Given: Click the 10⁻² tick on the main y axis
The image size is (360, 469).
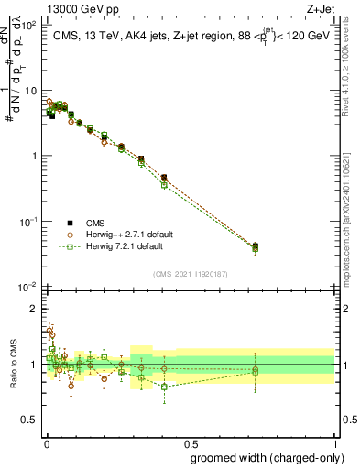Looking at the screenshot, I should point(28,287).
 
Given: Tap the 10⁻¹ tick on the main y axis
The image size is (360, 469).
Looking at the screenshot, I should point(28,222).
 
